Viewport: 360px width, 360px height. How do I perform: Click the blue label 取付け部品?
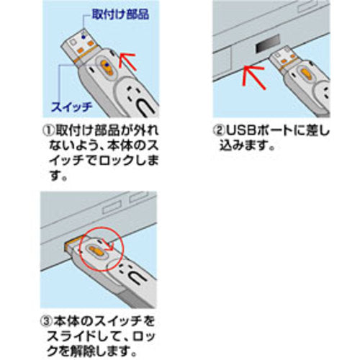click(121, 14)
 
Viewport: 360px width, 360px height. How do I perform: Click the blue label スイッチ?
click(71, 107)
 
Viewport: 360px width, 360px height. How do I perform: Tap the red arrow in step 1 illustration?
click(127, 61)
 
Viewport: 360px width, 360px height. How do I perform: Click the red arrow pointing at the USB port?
click(253, 77)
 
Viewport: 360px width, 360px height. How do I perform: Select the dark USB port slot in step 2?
click(268, 44)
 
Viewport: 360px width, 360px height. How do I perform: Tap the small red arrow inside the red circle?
click(107, 244)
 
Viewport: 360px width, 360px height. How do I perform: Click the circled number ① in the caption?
click(48, 130)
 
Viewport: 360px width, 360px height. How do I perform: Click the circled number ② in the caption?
click(218, 130)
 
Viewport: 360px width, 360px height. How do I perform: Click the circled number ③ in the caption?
click(46, 321)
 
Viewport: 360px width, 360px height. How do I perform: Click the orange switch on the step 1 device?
click(107, 68)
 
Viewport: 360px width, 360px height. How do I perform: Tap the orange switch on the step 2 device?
click(307, 74)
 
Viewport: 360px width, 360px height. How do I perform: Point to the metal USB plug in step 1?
click(79, 45)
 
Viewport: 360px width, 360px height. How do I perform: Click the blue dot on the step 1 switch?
click(107, 65)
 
